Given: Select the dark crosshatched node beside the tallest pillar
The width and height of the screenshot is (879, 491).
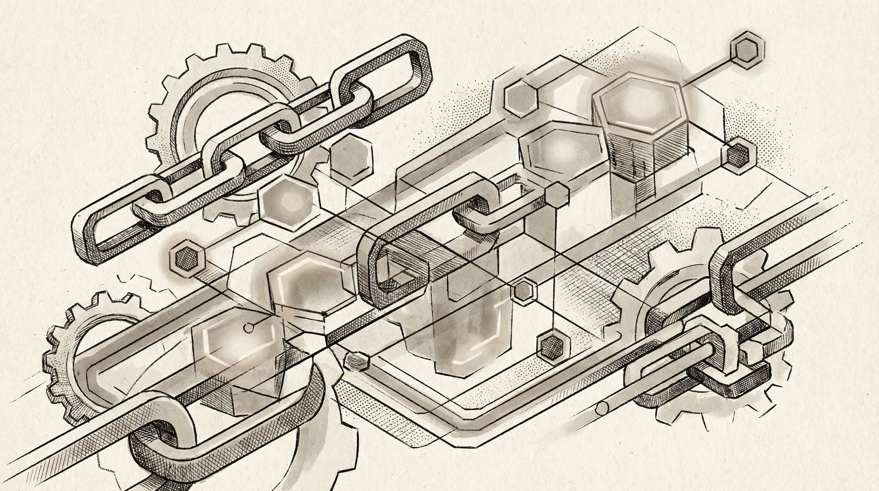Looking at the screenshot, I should click(x=737, y=154).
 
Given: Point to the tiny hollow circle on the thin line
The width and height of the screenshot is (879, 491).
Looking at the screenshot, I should click(x=248, y=327).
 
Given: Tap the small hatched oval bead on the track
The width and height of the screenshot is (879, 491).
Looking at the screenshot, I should click(x=357, y=360).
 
